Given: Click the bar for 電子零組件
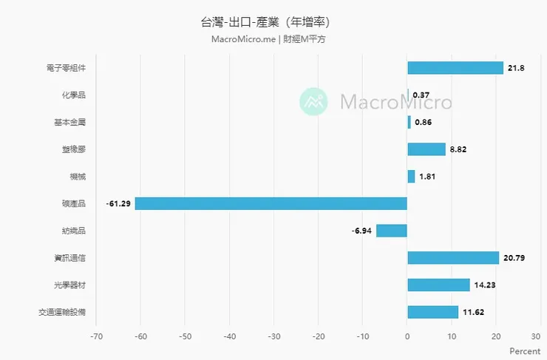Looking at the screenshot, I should click(455, 68).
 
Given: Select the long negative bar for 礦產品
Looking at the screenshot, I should click(271, 203).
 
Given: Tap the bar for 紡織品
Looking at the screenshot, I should click(392, 231).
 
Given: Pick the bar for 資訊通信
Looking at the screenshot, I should click(453, 258).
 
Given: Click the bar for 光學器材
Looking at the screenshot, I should click(438, 285).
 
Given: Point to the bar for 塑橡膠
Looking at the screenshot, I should click(427, 149).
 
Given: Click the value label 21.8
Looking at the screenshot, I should click(515, 68).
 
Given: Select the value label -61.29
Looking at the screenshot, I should click(118, 203).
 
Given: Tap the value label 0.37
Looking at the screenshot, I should click(421, 95).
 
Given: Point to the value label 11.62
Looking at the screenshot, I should click(473, 312).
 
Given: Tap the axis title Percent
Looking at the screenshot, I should click(526, 351).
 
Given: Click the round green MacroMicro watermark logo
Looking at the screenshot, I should click(313, 101).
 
